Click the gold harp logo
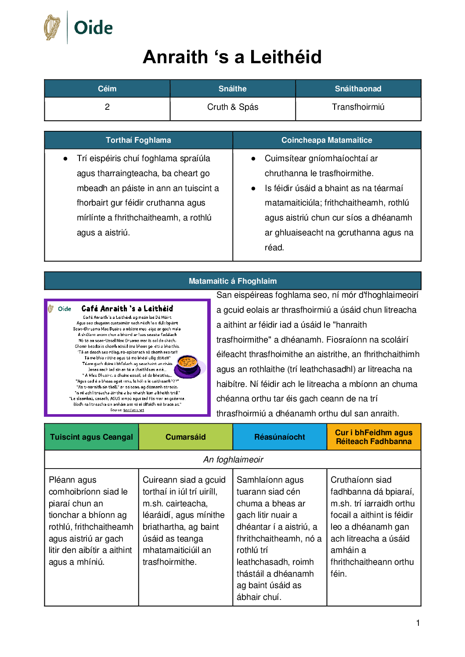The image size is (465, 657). pyautogui.click(x=52, y=27)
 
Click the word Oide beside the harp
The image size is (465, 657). pyautogui.click(x=93, y=28)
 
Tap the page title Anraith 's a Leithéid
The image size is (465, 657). pyautogui.click(x=232, y=57)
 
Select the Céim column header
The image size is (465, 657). pyautogui.click(x=107, y=89)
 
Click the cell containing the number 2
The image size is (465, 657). pyautogui.click(x=107, y=107)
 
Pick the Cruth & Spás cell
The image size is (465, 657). pyautogui.click(x=233, y=107)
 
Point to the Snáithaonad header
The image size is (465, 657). pyautogui.click(x=358, y=89)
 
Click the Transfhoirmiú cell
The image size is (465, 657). pyautogui.click(x=358, y=107)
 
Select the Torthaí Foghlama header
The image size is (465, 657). pyautogui.click(x=138, y=140)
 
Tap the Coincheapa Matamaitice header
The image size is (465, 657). pyautogui.click(x=327, y=140)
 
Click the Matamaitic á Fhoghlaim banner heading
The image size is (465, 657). pyautogui.click(x=233, y=281)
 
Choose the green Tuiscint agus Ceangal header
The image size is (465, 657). pyautogui.click(x=91, y=437)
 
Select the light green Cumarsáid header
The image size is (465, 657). pyautogui.click(x=186, y=437)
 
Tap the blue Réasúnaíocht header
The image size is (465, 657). pyautogui.click(x=280, y=437)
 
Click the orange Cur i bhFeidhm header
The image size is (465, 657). pyautogui.click(x=374, y=437)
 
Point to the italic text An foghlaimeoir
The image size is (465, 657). pyautogui.click(x=233, y=459)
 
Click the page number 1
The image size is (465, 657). pyautogui.click(x=418, y=623)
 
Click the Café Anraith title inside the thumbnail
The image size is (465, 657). pyautogui.click(x=127, y=309)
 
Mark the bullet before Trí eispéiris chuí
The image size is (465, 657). pyautogui.click(x=65, y=159)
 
